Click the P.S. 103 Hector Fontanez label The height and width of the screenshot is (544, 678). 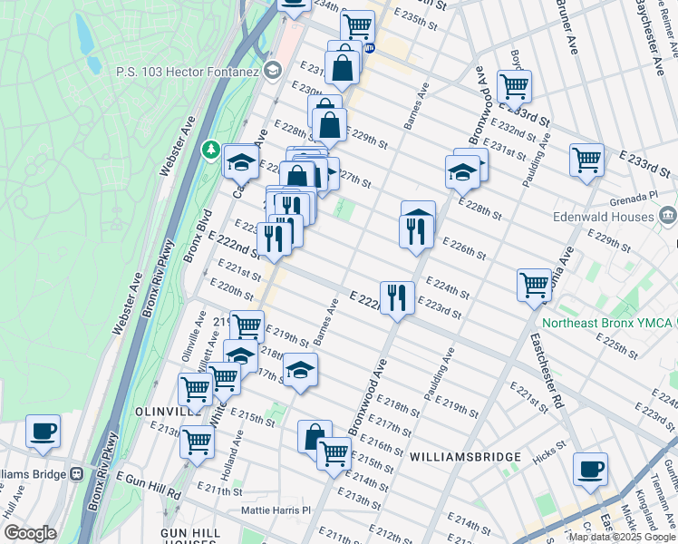point(187,72)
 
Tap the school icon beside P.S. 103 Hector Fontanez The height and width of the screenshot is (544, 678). point(272,71)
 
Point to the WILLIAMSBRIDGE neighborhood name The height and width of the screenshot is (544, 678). point(464,457)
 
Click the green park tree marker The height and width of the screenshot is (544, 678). point(210,147)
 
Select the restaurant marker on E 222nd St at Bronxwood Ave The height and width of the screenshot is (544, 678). point(396,298)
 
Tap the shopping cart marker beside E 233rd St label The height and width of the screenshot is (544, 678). point(586,160)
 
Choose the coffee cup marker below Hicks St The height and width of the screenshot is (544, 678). point(590,470)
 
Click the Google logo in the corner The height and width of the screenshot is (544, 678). point(30,533)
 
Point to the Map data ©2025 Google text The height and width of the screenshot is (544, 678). point(621,537)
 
